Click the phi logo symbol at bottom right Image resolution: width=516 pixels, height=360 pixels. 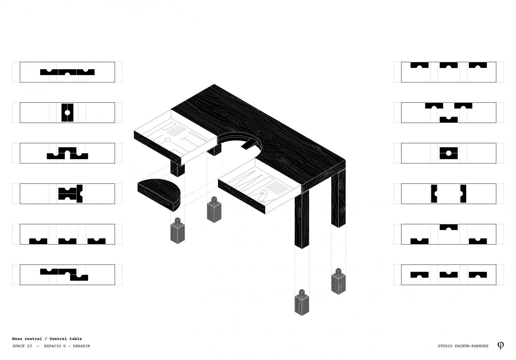501,345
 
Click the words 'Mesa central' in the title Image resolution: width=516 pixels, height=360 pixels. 27,339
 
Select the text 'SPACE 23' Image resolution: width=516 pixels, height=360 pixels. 22,346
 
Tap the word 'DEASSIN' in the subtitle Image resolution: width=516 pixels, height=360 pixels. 81,346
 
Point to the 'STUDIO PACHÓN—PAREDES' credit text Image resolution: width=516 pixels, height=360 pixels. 463,346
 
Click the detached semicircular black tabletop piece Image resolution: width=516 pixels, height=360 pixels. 159,195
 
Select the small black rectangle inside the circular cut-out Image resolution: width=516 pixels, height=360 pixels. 249,145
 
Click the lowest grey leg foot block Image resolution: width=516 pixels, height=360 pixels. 302,302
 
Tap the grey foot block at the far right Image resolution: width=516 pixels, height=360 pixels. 339,281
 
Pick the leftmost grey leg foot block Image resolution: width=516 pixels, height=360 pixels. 177,231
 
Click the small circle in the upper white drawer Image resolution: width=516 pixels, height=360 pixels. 168,140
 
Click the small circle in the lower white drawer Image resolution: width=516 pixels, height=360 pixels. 263,192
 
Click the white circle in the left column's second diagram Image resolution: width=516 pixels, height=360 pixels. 67,113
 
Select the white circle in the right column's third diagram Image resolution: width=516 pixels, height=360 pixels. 448,153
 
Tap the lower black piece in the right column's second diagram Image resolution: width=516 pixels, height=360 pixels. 448,120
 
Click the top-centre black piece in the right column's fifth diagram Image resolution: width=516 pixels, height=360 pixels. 448,227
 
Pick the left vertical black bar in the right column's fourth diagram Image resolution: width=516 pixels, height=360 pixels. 434,194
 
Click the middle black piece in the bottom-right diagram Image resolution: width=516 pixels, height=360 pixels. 448,275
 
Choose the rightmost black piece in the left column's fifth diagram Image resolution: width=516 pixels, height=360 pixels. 97,241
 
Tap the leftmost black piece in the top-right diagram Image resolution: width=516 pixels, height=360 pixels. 419,65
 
